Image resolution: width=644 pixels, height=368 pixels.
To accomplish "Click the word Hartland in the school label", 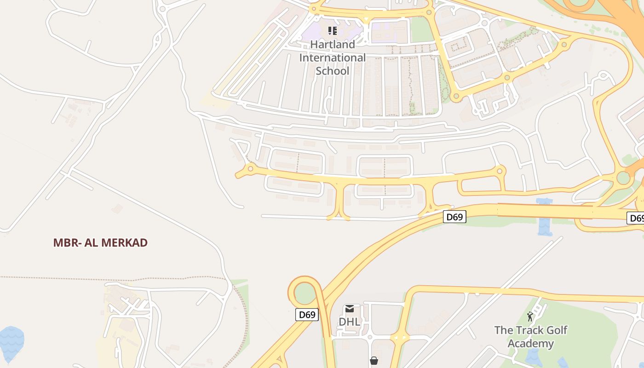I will [333, 45].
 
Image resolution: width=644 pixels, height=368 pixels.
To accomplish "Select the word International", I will [333, 58].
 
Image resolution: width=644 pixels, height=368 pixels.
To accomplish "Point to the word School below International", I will [333, 71].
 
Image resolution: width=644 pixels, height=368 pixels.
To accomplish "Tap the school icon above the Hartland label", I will [333, 31].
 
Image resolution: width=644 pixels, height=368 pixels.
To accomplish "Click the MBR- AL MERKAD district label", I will [100, 243].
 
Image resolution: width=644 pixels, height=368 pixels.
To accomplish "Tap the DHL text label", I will [350, 322].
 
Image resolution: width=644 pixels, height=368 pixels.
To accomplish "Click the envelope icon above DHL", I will [350, 309].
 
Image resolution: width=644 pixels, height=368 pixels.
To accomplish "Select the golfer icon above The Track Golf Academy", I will [530, 316].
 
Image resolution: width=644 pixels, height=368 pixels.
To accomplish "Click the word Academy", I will [531, 344].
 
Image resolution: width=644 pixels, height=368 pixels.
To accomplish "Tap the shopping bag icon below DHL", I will [374, 361].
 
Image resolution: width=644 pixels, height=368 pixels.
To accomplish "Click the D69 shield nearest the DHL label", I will [307, 315].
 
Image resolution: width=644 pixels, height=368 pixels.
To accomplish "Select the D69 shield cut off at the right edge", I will [636, 218].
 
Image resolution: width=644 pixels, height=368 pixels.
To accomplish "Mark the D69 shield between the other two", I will [454, 217].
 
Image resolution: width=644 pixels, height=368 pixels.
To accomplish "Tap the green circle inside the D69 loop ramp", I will [304, 293].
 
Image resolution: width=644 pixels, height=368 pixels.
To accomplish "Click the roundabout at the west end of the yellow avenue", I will [250, 169].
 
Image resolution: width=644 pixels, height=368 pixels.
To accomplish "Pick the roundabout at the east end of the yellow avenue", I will [500, 171].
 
